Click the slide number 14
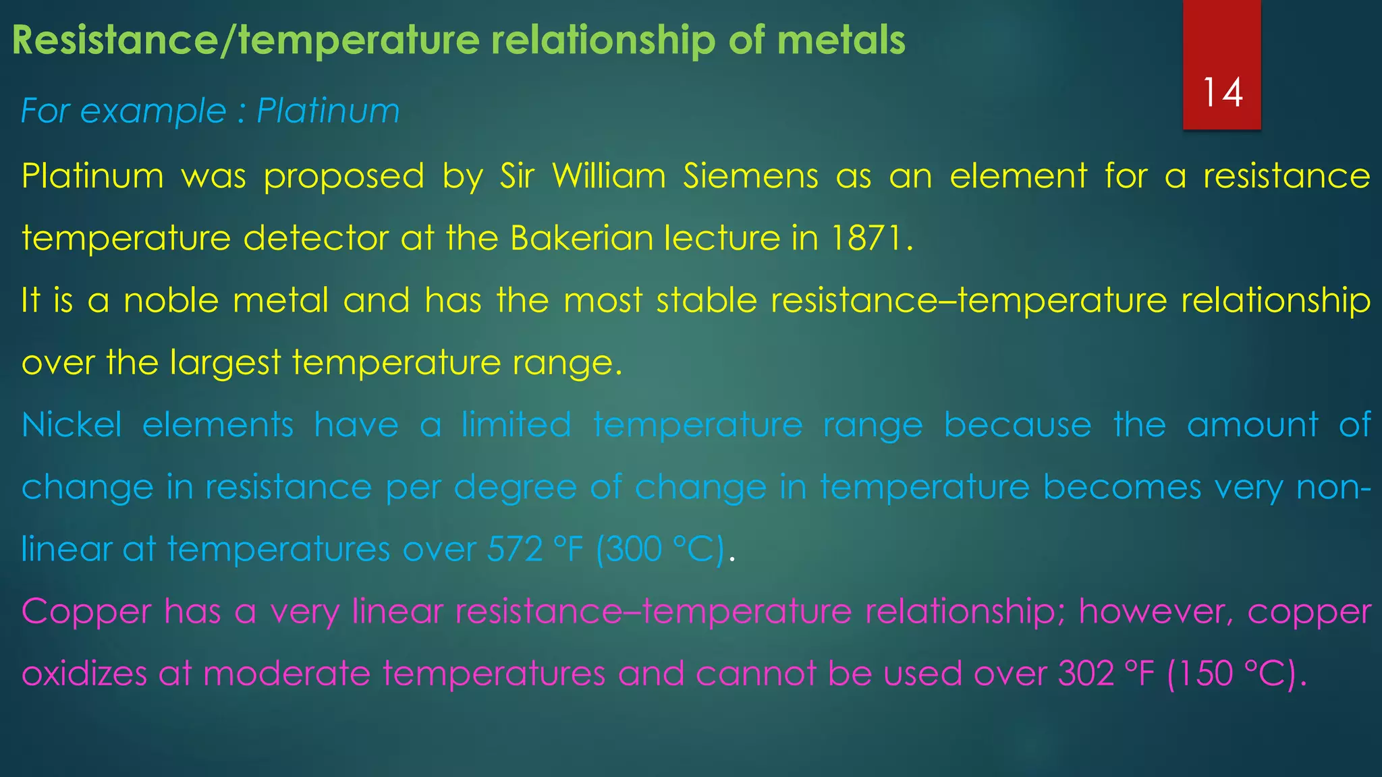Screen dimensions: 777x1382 click(x=1222, y=92)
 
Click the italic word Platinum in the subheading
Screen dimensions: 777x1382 click(x=328, y=111)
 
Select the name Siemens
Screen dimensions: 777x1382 click(x=750, y=176)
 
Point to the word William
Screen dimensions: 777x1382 click(x=609, y=176)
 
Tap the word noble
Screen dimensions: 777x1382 click(x=171, y=300)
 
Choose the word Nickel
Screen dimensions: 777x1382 click(x=72, y=425)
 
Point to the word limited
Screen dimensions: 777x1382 click(x=516, y=425)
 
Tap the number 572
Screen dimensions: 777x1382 click(x=515, y=549)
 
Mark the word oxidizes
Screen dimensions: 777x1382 click(x=84, y=674)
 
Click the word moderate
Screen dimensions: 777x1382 click(x=286, y=674)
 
